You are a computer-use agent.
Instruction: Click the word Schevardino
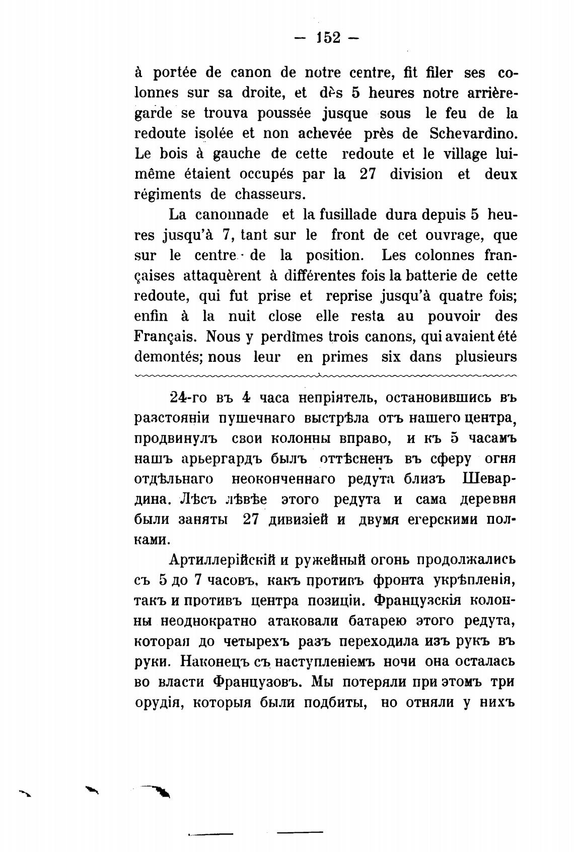pos(473,133)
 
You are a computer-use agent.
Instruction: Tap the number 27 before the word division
pos(370,174)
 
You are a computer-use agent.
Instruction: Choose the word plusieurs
pos(486,357)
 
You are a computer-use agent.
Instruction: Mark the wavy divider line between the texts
pos(326,375)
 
